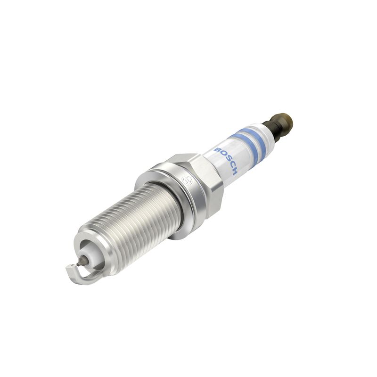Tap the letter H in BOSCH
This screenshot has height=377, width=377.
[234, 171]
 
